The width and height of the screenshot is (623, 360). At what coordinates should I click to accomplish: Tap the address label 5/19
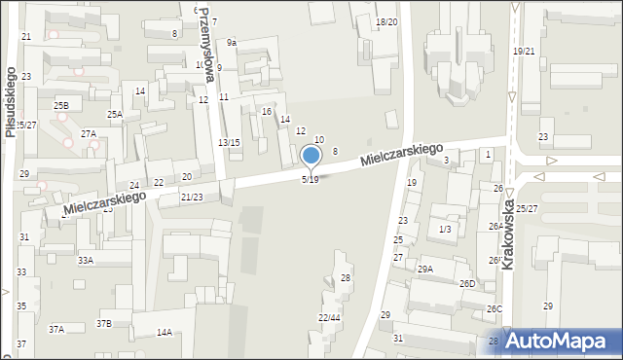tap(310, 180)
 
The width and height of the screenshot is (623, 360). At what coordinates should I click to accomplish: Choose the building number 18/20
tap(386, 21)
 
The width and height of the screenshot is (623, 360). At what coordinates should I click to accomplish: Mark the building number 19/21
tap(525, 51)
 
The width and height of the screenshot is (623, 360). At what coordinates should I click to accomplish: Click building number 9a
tap(232, 43)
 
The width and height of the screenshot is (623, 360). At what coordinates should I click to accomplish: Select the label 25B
tap(61, 105)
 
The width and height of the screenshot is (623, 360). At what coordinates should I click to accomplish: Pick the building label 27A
tap(89, 133)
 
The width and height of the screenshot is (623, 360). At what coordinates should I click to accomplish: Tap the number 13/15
tap(229, 143)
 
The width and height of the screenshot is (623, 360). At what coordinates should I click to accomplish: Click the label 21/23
tap(192, 198)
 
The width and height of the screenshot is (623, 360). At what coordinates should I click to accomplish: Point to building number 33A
tap(86, 261)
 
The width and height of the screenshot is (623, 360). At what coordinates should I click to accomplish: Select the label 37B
tap(103, 323)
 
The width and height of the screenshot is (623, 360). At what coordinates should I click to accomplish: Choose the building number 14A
tap(164, 333)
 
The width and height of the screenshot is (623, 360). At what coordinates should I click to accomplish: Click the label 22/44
tap(329, 317)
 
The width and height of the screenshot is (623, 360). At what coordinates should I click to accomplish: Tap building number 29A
tap(425, 269)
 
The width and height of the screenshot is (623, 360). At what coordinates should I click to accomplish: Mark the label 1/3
tap(445, 229)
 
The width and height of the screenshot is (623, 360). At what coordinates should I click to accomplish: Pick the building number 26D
tap(467, 284)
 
